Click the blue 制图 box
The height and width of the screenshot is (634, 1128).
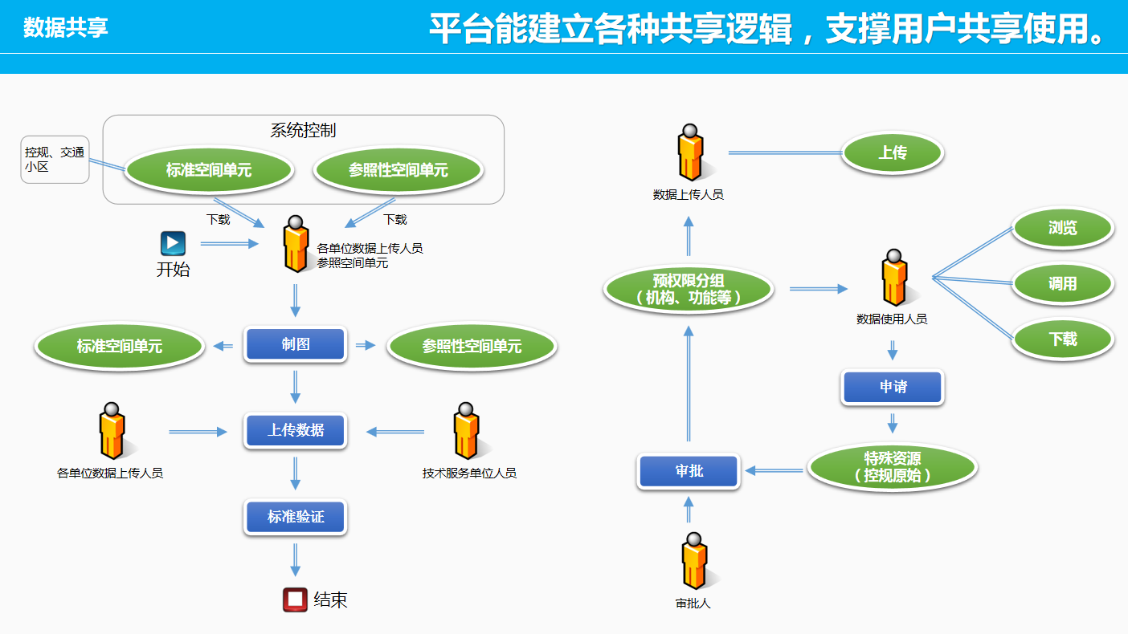pos(295,344)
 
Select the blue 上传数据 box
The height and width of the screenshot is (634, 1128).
pos(295,431)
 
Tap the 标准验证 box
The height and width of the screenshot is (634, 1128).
pos(295,517)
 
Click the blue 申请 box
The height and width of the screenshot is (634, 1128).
pos(892,388)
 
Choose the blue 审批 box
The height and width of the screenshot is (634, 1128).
pos(689,471)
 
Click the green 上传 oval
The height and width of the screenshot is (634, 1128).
pos(892,152)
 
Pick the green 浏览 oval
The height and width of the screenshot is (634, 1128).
pos(1062,229)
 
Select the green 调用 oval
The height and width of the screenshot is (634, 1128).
pos(1062,284)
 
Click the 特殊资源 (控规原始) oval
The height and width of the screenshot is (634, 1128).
pos(892,467)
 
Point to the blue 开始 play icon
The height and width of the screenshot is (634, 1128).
pos(173,243)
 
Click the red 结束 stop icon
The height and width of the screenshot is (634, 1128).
pos(295,599)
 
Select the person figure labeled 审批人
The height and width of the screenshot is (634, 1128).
pos(693,562)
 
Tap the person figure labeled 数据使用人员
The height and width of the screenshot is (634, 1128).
pos(893,278)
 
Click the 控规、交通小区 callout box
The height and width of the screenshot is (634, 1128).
pos(54,160)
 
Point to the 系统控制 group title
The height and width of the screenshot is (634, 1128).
pos(303,131)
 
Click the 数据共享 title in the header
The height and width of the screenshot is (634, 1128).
pos(66,27)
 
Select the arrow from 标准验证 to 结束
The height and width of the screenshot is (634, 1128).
pos(295,559)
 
